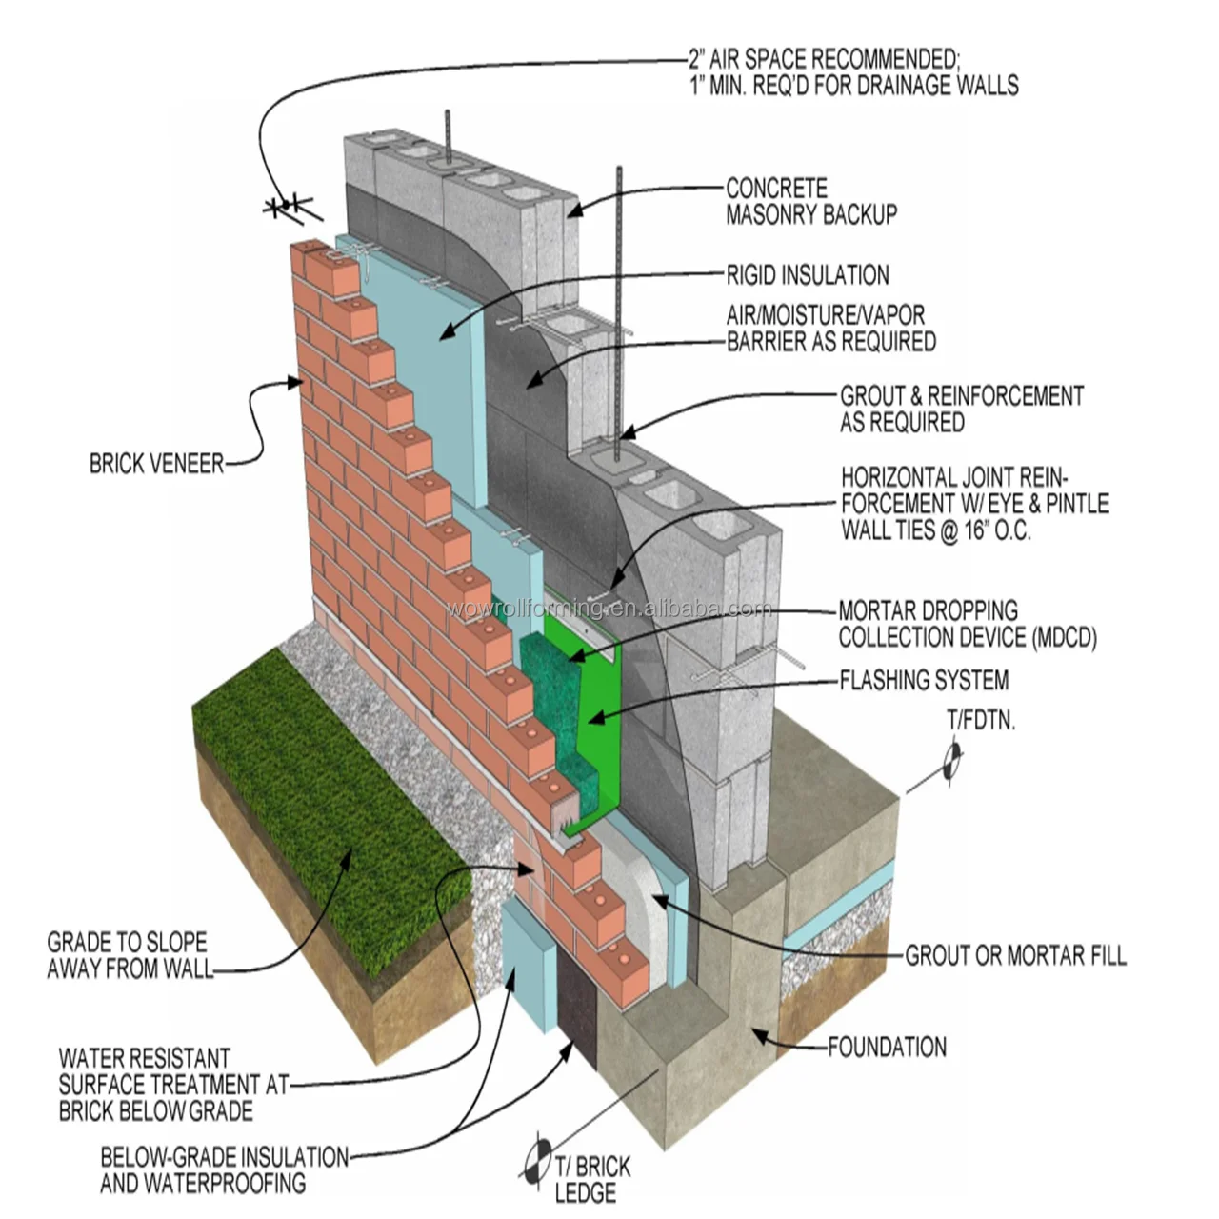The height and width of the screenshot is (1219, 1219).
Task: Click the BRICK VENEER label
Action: (x=157, y=465)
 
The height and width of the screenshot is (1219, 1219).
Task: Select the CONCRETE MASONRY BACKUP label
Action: (x=811, y=202)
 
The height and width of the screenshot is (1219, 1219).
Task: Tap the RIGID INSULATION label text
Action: (x=808, y=276)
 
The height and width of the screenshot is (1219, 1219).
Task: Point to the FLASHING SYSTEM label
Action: (x=924, y=681)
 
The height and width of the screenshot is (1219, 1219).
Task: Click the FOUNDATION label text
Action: (x=887, y=1048)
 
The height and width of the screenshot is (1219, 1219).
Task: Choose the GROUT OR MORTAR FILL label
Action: (x=1015, y=955)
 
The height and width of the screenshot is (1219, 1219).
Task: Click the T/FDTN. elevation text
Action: (x=981, y=721)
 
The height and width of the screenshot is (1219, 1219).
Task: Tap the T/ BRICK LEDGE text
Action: (x=591, y=1179)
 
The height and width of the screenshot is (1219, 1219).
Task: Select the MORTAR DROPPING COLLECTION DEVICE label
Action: (x=967, y=624)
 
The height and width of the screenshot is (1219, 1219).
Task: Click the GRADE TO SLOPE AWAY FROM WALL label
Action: (x=130, y=956)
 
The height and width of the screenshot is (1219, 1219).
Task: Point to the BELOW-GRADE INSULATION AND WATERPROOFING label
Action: (x=225, y=1170)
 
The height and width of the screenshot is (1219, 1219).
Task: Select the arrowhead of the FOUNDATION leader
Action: (x=757, y=1032)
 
